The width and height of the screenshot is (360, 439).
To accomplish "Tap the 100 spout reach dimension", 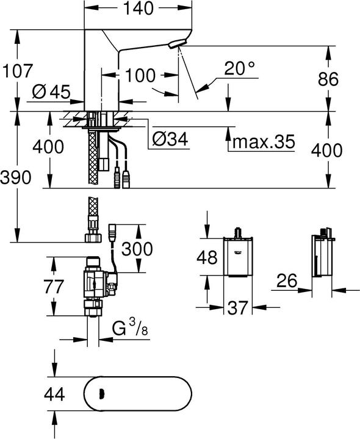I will [x=140, y=75].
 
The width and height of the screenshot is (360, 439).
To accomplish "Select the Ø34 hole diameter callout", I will [x=168, y=140].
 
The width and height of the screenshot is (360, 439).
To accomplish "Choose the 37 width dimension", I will [x=239, y=309].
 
